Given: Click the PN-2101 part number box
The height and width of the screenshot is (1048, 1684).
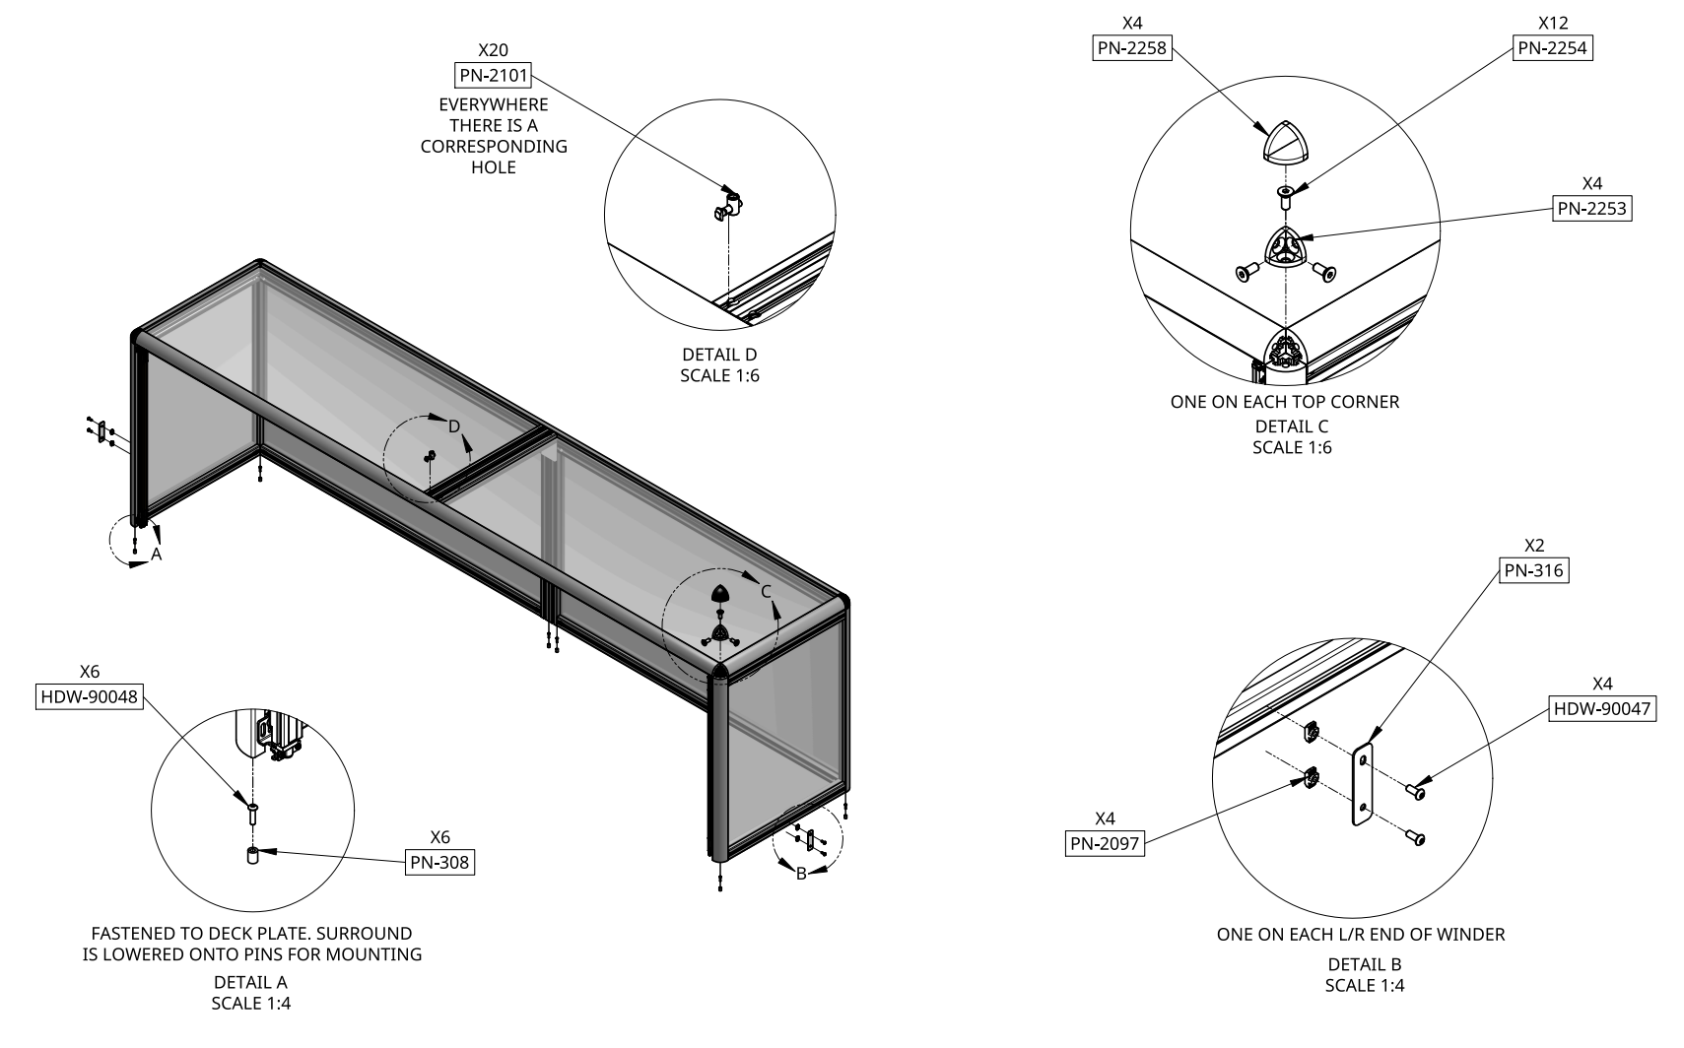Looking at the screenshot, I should coord(493,76).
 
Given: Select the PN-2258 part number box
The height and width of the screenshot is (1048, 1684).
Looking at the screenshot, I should coord(1132,48).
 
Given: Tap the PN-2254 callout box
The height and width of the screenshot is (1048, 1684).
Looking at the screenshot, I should coord(1552,48).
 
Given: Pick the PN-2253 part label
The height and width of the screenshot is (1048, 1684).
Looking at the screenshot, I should coord(1591,209).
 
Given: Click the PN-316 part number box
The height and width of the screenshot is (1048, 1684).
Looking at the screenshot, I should coord(1533,570).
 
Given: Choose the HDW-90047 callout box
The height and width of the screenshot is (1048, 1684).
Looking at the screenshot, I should coord(1602,708).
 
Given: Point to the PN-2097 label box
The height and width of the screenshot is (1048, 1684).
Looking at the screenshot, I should coord(1106,843).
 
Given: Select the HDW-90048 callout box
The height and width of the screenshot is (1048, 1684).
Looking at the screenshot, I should coord(89,697).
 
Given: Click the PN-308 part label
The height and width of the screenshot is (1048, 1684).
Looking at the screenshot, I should coord(439,863).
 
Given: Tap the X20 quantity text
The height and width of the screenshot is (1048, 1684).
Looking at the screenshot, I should coord(493,50).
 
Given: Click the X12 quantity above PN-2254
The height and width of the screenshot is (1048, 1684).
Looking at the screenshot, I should coord(1552,23).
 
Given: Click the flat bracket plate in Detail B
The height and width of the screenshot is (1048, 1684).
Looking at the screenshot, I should coord(1362,785).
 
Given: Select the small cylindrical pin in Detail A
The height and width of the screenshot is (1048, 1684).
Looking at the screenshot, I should coord(252,855).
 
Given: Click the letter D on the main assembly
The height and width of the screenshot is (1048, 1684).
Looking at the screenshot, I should coord(454,426).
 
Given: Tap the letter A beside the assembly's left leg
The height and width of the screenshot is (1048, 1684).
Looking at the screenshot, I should coord(157,556).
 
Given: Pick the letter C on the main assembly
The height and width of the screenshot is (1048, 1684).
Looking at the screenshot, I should coord(766,592).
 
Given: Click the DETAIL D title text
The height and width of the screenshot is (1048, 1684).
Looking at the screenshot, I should coord(719,355).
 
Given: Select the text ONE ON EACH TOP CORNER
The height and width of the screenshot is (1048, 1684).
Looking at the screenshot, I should coord(1284,402).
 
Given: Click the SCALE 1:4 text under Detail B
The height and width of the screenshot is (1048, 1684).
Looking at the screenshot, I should coord(1364,986).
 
